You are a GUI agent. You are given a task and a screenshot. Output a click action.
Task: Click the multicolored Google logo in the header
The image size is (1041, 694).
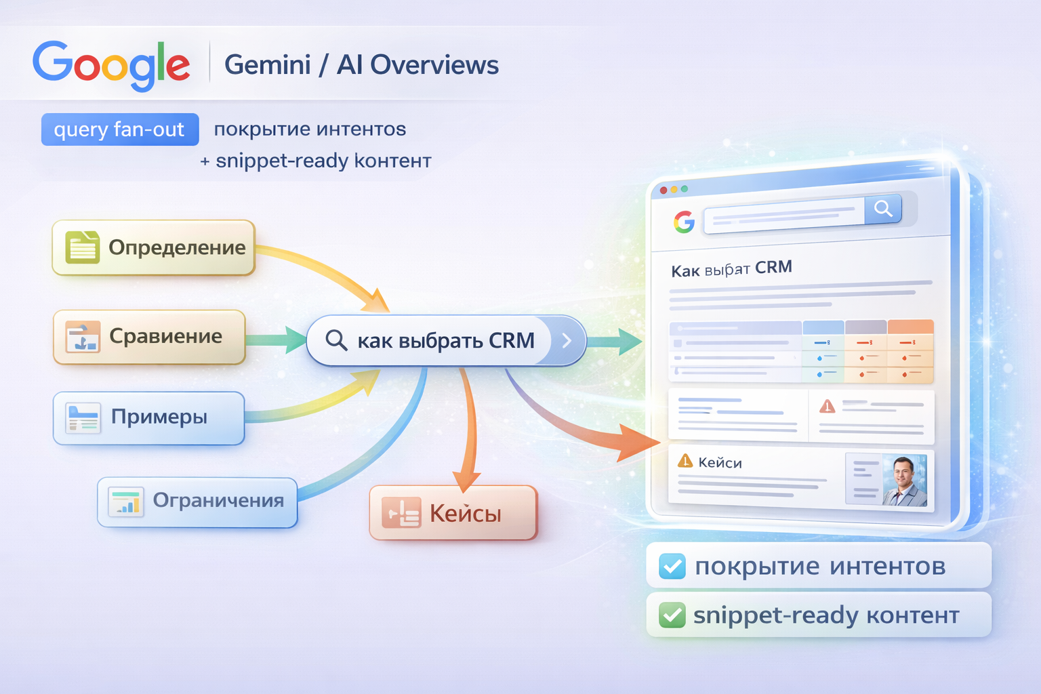tap(111, 65)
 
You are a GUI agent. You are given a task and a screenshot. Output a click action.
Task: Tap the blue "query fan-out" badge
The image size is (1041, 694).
tap(120, 129)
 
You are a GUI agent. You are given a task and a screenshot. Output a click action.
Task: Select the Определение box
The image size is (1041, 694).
tap(154, 247)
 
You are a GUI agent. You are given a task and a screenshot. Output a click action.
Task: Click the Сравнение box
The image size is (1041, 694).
tap(149, 337)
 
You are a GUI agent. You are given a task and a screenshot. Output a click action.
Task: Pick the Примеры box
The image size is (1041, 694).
tap(148, 417)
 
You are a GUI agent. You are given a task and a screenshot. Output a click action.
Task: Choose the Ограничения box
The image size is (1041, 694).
tap(197, 502)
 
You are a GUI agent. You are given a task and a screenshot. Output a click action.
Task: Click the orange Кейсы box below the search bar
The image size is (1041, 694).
tap(453, 513)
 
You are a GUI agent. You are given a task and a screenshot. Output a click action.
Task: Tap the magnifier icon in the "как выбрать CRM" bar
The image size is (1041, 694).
tap(336, 340)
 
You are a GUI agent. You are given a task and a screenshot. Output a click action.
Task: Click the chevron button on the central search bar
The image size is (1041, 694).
tap(567, 340)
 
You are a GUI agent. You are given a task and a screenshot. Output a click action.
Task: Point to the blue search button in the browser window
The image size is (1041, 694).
tap(882, 209)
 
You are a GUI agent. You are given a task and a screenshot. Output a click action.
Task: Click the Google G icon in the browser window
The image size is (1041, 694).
tap(684, 222)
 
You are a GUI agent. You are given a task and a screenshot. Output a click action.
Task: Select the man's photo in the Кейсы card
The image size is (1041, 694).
tap(904, 481)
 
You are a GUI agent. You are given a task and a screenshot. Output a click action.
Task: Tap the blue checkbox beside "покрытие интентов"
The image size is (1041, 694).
tap(672, 566)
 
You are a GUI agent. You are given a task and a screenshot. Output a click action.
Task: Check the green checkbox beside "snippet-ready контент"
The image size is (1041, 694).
tap(672, 615)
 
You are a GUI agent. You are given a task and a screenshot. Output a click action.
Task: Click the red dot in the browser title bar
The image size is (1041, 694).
tap(664, 190)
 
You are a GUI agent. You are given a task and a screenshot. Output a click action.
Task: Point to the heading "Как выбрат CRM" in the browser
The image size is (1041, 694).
tap(731, 269)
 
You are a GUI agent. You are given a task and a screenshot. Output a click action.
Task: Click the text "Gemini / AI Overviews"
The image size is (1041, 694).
tap(361, 65)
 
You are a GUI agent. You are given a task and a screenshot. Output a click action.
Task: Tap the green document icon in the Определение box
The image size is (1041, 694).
tap(82, 247)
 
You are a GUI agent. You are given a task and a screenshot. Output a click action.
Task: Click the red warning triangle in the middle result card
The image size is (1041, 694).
tap(827, 406)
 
